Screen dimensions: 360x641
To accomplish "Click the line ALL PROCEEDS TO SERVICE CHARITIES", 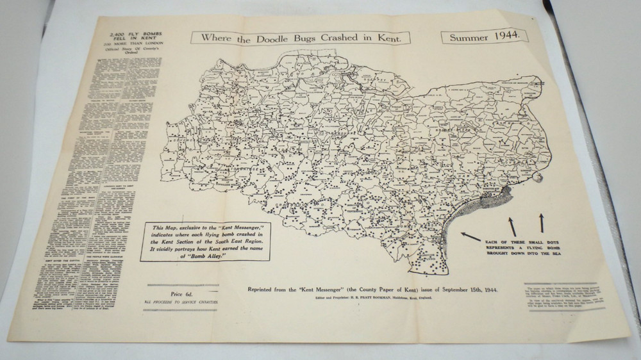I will coord(181,302).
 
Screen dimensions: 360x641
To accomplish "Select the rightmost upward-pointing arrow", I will coord(542,222).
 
